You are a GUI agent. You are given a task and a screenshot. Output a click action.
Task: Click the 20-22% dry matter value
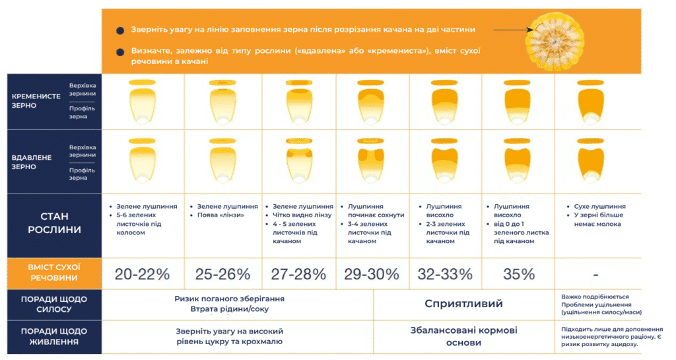[x=143, y=274]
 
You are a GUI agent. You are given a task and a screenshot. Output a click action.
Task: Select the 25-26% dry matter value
[x=222, y=274]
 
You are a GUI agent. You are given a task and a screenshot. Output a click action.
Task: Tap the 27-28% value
[x=298, y=274]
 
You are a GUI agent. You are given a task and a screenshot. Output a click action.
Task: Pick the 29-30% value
[x=372, y=274]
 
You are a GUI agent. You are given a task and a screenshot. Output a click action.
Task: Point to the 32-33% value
[x=445, y=274]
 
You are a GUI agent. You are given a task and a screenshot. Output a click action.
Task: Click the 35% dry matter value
[x=519, y=274]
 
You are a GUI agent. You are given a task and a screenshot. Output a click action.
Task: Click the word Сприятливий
[x=463, y=303]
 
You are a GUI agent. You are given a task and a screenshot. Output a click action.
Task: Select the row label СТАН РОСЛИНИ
[x=54, y=223]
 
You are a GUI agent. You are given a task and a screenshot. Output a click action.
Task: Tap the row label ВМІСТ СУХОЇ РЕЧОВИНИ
[x=54, y=273]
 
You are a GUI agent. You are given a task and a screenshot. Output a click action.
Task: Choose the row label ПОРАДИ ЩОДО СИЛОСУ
[x=54, y=304]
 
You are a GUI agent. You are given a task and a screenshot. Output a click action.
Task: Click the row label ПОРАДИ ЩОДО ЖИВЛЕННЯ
[x=54, y=336]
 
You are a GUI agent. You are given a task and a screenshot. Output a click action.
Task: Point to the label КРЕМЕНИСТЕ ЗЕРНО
[x=36, y=101]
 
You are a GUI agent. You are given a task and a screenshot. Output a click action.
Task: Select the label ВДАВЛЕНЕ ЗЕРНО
[x=32, y=162]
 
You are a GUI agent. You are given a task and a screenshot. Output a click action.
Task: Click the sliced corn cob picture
[x=555, y=42]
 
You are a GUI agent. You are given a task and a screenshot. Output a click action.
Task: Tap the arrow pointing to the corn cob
[x=514, y=30]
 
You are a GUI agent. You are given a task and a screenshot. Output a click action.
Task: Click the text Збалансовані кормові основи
[x=463, y=336]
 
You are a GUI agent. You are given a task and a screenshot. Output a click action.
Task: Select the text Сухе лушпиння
[x=599, y=207]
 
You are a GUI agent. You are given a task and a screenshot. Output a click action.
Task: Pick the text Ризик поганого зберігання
[x=229, y=299]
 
